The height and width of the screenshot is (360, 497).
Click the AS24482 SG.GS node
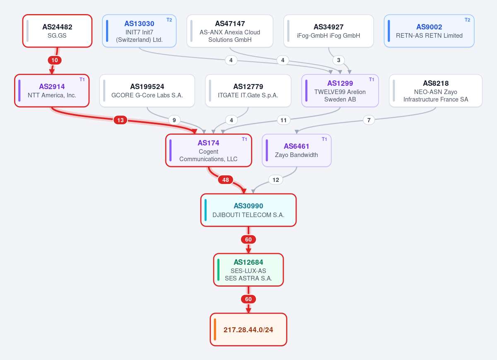[x=57, y=31]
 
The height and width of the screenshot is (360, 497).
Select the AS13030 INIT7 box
[x=139, y=31]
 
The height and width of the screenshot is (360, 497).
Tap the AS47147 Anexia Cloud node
[x=230, y=31]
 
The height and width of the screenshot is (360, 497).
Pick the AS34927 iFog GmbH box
[x=328, y=31]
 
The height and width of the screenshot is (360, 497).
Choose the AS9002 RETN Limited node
[x=429, y=31]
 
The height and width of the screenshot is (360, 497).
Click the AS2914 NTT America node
[x=52, y=91]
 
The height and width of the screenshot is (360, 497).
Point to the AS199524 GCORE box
[x=147, y=91]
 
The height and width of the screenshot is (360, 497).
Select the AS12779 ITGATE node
[x=248, y=91]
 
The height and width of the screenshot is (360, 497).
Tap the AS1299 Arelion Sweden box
[x=340, y=91]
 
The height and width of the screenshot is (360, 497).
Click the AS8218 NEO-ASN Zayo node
[x=436, y=91]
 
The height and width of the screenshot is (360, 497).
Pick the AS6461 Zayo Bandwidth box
[x=297, y=150]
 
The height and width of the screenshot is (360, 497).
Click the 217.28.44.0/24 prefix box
[x=248, y=330]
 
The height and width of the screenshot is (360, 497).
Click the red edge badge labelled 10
[x=55, y=60]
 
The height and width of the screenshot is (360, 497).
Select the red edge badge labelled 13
[x=120, y=120]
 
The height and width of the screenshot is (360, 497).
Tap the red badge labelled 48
[x=226, y=180]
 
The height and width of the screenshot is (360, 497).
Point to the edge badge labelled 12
[x=276, y=180]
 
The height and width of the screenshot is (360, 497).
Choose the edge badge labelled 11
[x=284, y=120]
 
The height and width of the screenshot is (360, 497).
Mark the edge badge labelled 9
[x=174, y=120]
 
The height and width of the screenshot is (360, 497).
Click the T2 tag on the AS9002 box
[x=468, y=20]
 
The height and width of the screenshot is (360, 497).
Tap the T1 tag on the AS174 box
[x=244, y=139]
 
